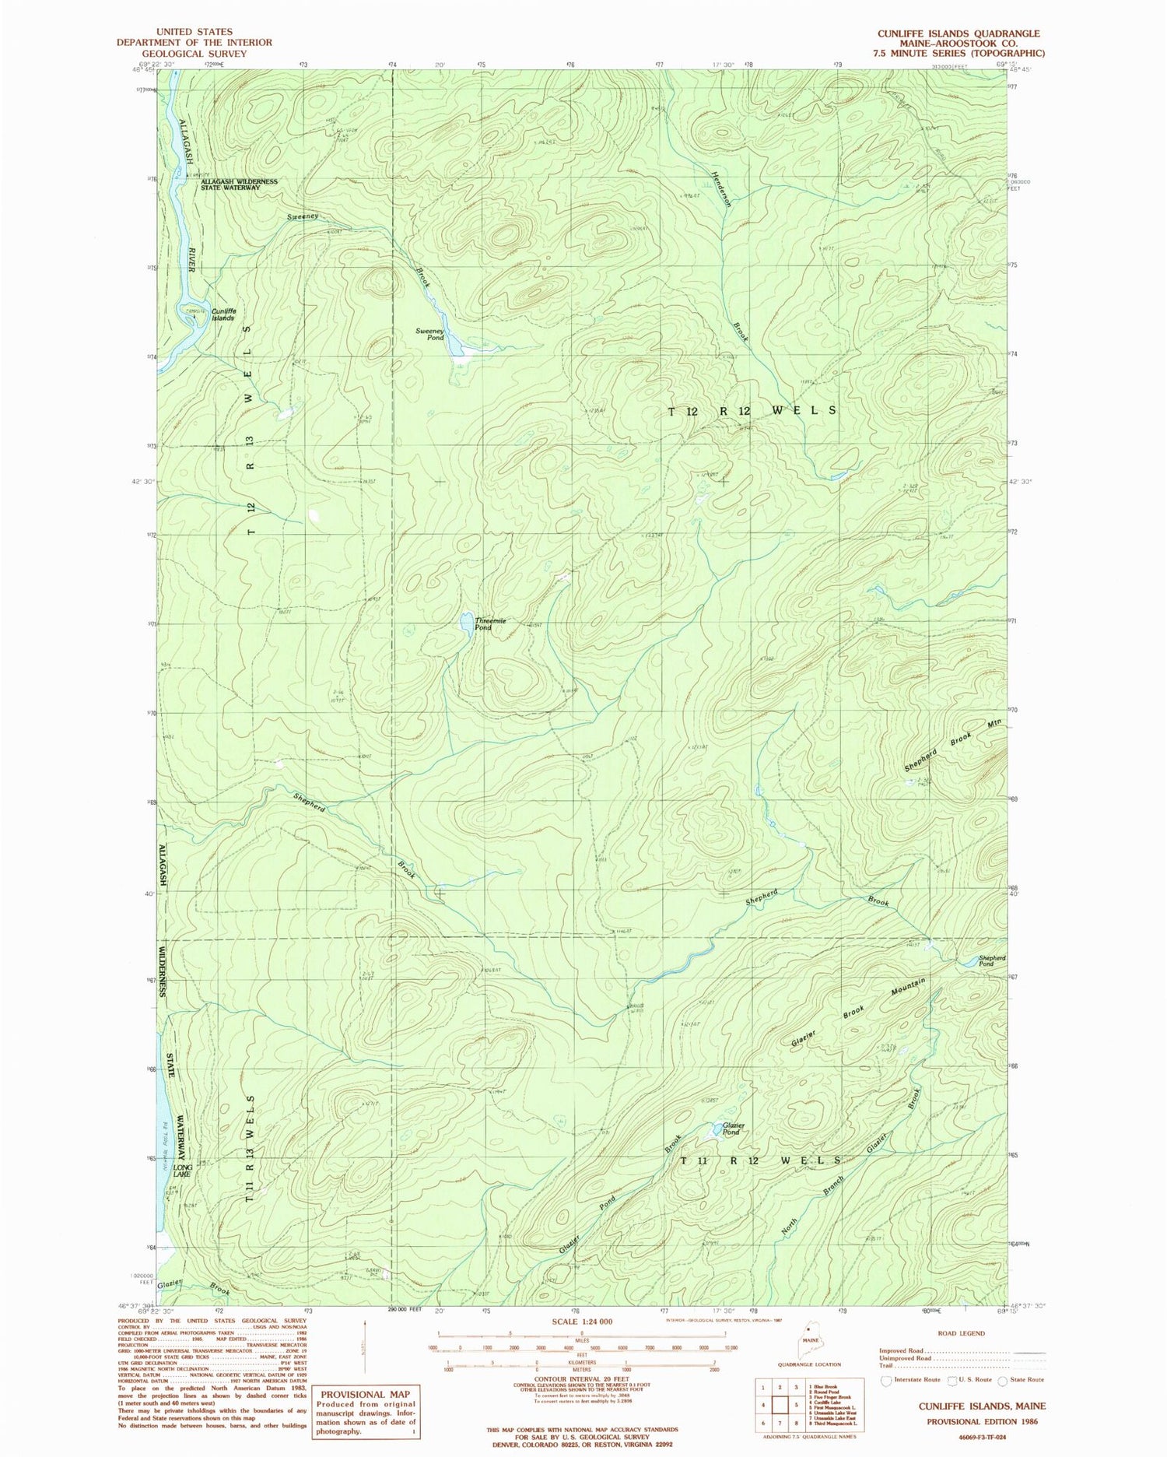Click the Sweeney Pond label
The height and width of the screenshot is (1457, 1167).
[x=430, y=334]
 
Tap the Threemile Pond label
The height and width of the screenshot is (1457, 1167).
[x=490, y=623]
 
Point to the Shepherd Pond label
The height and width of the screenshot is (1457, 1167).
[x=992, y=960]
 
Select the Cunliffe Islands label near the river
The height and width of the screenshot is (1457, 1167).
[x=223, y=314]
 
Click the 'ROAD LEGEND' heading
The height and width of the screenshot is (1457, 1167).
[x=961, y=1333]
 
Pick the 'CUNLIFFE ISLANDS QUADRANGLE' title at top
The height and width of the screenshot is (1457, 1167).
[x=958, y=33]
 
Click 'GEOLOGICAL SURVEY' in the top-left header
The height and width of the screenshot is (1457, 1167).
[x=194, y=54]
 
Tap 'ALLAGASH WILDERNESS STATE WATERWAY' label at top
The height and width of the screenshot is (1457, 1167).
[x=239, y=184]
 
